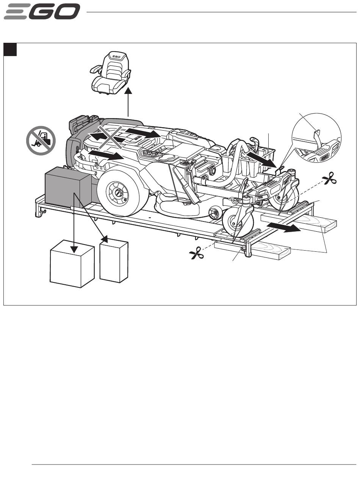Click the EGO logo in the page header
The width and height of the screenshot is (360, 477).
pos(42,11)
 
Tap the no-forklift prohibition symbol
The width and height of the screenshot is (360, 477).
pos(41,140)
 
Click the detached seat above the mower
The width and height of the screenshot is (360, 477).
pos(111,73)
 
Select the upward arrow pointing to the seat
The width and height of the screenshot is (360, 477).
pos(128,102)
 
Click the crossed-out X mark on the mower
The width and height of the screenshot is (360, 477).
pos(110,137)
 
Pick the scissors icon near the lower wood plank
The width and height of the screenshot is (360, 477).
pos(196,253)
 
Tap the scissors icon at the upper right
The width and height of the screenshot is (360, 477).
pos(329,178)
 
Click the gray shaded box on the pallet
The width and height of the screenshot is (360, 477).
pos(68,187)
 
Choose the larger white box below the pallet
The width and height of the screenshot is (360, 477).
pos(72,263)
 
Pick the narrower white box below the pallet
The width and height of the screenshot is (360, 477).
pos(114,260)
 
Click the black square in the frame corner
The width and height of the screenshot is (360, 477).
pos(10,50)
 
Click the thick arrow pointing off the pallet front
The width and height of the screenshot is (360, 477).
pos(284,228)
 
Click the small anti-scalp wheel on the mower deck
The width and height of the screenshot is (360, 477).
pos(215,212)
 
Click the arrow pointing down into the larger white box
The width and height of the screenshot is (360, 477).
pos(74,223)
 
